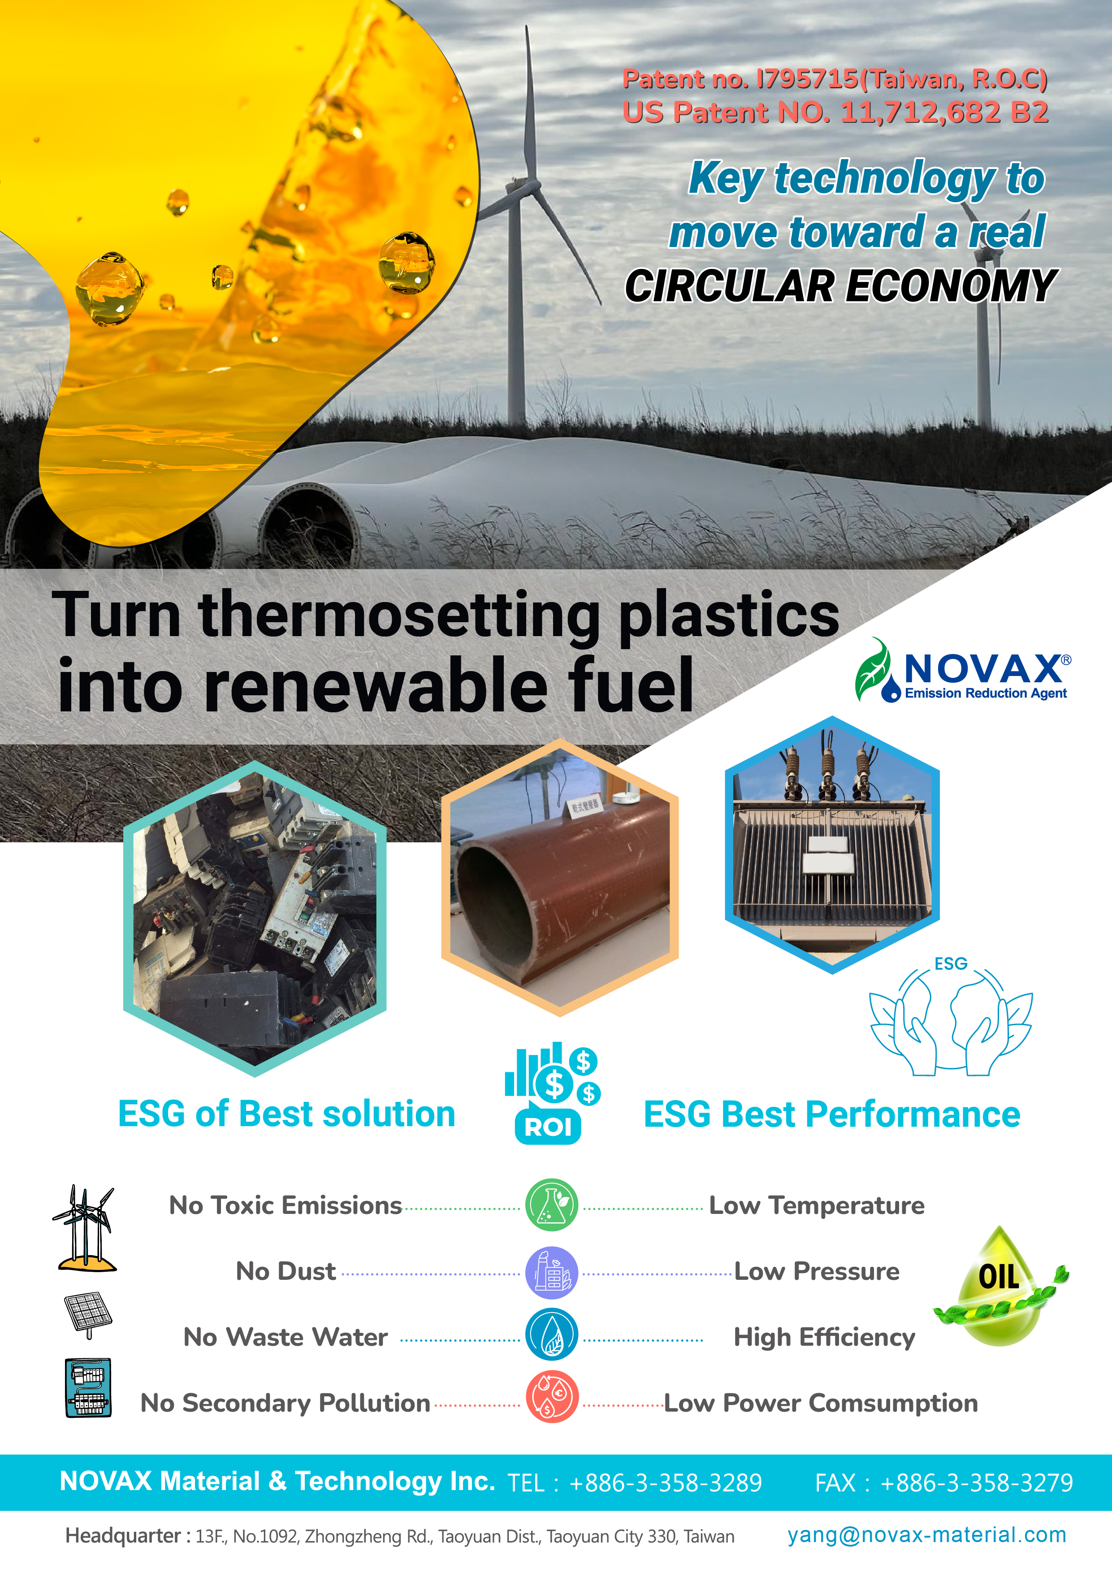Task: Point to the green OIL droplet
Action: pyautogui.click(x=1000, y=1286)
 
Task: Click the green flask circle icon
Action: pyautogui.click(x=552, y=1205)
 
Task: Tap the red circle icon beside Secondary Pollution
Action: pyautogui.click(x=552, y=1397)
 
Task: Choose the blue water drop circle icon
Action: pyautogui.click(x=552, y=1335)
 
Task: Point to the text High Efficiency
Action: pyautogui.click(x=824, y=1337)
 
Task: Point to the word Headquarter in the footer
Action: pyautogui.click(x=123, y=1536)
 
